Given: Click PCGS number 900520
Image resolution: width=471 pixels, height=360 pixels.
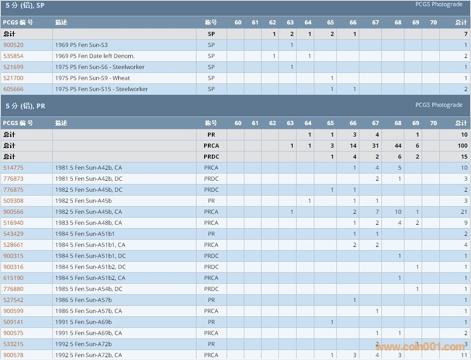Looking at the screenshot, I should [x=13, y=45].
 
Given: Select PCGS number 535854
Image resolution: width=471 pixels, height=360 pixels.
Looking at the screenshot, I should [x=13, y=56].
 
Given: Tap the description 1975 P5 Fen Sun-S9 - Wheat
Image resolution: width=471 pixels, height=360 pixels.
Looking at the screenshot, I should [x=92, y=78].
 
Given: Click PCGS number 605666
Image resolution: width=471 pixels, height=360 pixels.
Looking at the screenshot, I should [x=13, y=89].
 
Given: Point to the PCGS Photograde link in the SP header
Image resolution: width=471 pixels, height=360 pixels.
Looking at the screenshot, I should [x=439, y=4].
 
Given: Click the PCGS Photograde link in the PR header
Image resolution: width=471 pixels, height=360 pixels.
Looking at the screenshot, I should [x=439, y=105].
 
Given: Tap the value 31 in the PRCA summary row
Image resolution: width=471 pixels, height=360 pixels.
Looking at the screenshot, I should [x=376, y=146].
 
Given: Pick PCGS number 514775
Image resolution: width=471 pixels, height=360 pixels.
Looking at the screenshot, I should [x=13, y=168].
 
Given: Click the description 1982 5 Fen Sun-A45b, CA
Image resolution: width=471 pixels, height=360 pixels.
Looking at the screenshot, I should [x=89, y=212].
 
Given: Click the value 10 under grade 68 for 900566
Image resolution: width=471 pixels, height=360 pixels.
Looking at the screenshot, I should [x=398, y=212].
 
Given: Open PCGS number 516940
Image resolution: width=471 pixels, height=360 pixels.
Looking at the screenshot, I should [x=13, y=223].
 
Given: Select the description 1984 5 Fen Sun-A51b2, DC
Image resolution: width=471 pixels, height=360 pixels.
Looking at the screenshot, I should [x=91, y=267].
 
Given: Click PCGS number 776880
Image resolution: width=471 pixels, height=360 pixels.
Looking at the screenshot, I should [x=13, y=289].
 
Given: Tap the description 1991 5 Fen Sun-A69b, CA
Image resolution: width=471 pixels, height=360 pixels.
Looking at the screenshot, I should [x=89, y=333].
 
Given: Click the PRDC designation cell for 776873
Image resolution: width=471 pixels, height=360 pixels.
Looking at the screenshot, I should [x=211, y=179].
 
